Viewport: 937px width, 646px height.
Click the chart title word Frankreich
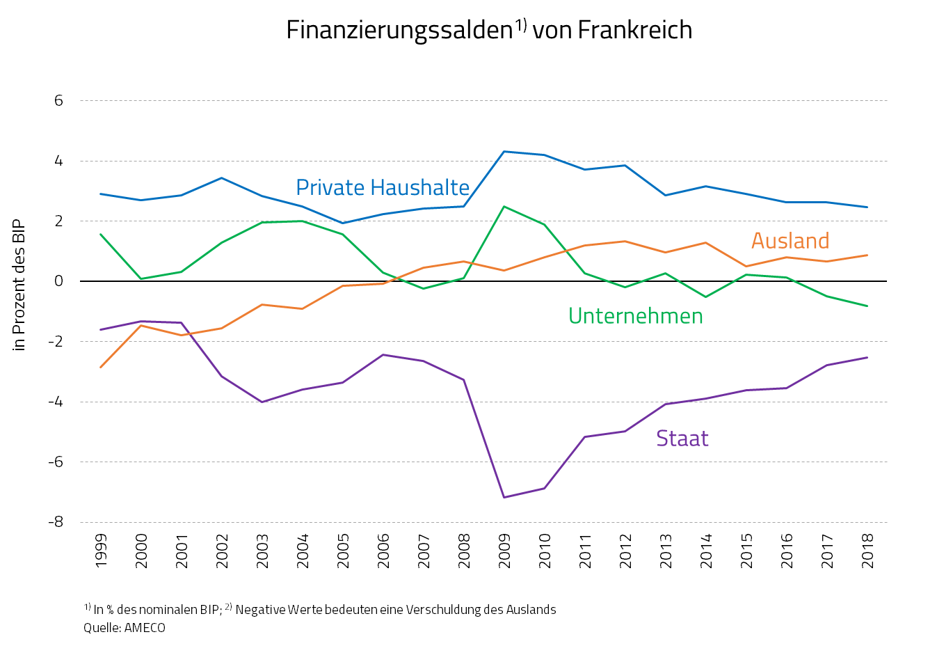pyautogui.click(x=634, y=30)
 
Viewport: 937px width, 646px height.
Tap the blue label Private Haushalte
pyautogui.click(x=383, y=187)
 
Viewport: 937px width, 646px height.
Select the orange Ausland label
pyautogui.click(x=790, y=241)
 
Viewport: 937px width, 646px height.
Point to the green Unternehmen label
pyautogui.click(x=635, y=316)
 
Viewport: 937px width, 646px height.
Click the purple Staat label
pyautogui.click(x=682, y=439)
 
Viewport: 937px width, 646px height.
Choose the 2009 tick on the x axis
pyautogui.click(x=504, y=550)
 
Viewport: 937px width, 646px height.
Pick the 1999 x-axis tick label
pyautogui.click(x=102, y=550)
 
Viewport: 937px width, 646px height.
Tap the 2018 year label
pyautogui.click(x=867, y=550)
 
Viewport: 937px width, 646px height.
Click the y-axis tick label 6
pyautogui.click(x=58, y=101)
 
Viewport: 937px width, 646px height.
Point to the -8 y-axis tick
pyautogui.click(x=56, y=522)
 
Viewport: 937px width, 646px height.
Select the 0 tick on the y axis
pyautogui.click(x=58, y=281)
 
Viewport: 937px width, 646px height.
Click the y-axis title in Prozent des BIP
pyautogui.click(x=19, y=285)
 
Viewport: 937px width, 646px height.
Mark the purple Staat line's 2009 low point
pyautogui.click(x=504, y=497)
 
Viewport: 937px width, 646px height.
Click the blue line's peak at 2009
pyautogui.click(x=504, y=151)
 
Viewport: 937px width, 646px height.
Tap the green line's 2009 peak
pyautogui.click(x=504, y=206)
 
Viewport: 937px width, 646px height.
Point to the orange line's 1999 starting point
pyautogui.click(x=101, y=368)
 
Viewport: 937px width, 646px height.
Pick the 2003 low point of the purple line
pyautogui.click(x=262, y=402)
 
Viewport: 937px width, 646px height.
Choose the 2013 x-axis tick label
pyautogui.click(x=666, y=550)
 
